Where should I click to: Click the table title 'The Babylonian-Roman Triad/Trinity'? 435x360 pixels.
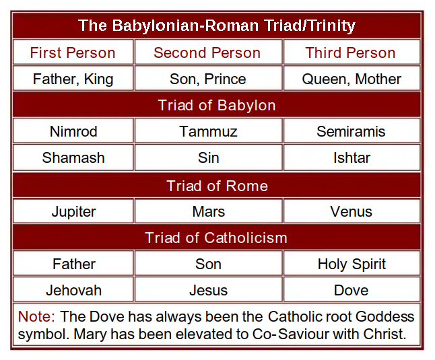[217, 26]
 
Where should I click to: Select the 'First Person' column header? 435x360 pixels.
[73, 52]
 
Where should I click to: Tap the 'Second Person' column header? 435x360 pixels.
[207, 52]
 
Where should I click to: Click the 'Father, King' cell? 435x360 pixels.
[73, 79]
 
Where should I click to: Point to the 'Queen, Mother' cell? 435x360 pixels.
[352, 79]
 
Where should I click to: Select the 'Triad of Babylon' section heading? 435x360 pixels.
[217, 106]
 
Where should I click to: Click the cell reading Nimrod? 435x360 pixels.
[73, 131]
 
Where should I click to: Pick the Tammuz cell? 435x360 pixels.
[208, 131]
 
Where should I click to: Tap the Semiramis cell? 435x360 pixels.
[351, 131]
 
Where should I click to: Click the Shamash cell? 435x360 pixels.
[73, 157]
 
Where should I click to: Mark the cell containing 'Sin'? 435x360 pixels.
[208, 157]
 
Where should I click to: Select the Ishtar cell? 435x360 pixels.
[352, 157]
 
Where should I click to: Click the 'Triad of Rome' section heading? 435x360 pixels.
[217, 186]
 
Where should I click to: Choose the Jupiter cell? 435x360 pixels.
[73, 212]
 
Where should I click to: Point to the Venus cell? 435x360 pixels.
[351, 212]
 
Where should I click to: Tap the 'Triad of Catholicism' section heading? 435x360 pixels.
[216, 238]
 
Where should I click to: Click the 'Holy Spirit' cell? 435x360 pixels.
[352, 264]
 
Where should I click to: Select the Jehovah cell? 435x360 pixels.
[73, 291]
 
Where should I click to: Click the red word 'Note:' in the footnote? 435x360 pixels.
[36, 316]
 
